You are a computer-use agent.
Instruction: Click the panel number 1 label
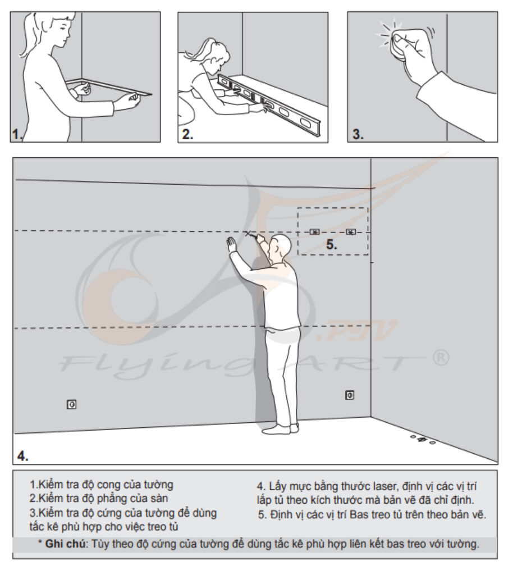[17, 134]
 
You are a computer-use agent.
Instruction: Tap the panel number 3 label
[358, 135]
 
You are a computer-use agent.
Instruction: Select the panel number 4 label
[22, 455]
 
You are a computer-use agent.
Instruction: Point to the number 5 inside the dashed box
[332, 245]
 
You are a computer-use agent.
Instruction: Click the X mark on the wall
[248, 233]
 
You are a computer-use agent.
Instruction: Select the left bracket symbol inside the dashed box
[314, 231]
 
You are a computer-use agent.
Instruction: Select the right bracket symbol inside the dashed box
[351, 231]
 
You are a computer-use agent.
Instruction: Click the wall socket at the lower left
[72, 403]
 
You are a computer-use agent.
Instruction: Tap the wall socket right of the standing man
[349, 395]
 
